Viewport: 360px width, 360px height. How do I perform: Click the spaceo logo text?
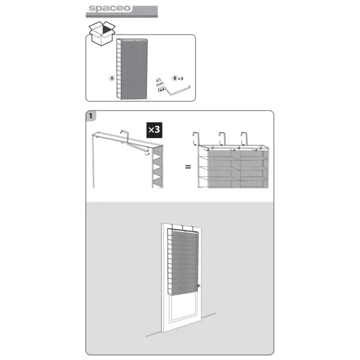[x=110, y=8]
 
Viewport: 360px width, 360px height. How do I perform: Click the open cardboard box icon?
[x=102, y=33]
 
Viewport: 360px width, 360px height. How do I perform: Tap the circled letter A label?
[x=112, y=78]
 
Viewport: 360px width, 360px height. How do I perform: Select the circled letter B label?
[x=175, y=78]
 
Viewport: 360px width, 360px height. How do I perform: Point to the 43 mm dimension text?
[x=159, y=83]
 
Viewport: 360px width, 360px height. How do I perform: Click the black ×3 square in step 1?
[x=154, y=130]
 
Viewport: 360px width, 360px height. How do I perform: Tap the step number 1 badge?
[x=91, y=116]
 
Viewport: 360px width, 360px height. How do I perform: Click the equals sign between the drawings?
[x=188, y=167]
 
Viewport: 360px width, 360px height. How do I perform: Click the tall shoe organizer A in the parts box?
[x=132, y=69]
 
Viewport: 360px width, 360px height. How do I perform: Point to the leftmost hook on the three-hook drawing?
[x=196, y=139]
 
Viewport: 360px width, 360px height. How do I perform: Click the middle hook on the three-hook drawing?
[x=222, y=139]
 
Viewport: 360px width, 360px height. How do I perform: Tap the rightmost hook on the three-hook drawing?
[x=244, y=139]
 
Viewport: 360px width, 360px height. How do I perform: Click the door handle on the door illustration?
[x=199, y=286]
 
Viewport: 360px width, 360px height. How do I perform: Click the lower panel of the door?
[x=183, y=308]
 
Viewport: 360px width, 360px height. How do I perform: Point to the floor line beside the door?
[x=181, y=325]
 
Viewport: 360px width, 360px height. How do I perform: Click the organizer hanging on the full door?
[x=183, y=262]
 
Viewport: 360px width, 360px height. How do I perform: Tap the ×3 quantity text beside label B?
[x=181, y=79]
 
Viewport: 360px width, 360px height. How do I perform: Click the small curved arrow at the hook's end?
[x=147, y=153]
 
